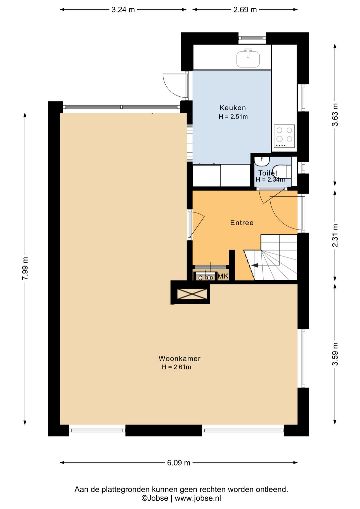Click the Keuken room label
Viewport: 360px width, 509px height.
(232, 108)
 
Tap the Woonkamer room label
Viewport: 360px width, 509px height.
(179, 359)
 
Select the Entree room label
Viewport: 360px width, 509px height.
(242, 223)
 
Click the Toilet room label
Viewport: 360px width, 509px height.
(268, 173)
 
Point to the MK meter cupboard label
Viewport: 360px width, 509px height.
(223, 276)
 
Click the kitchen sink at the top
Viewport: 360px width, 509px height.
(248, 59)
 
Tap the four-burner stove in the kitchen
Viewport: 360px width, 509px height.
(284, 136)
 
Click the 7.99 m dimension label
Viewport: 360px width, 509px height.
(25, 269)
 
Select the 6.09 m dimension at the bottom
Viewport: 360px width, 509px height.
(179, 463)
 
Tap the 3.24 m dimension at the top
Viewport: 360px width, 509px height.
(123, 10)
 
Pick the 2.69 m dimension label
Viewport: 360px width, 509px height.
(245, 10)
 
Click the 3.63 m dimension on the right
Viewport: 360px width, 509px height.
(335, 115)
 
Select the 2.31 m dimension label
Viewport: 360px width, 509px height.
(335, 235)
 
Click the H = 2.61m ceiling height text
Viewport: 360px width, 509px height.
(176, 367)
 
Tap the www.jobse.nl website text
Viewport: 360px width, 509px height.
(198, 498)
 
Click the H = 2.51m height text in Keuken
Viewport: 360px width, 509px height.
(233, 117)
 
